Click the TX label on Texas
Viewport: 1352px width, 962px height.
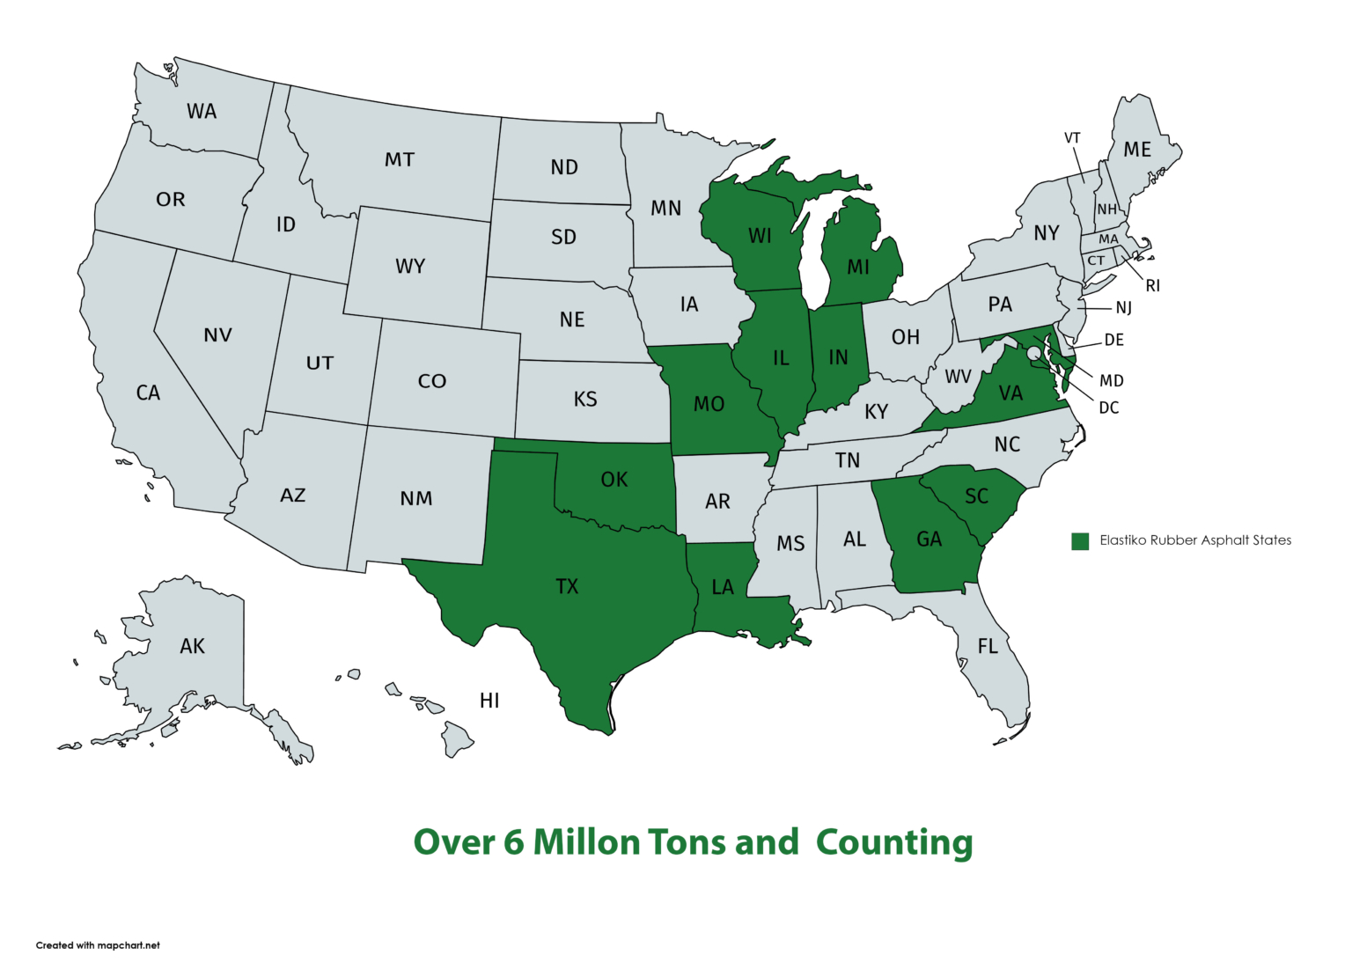pyautogui.click(x=567, y=586)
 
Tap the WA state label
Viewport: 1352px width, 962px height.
pyautogui.click(x=202, y=112)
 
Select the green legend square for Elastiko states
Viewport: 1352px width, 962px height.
pyautogui.click(x=1080, y=540)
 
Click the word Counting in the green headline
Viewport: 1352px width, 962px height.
pyautogui.click(x=893, y=842)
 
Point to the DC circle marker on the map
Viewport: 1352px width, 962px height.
pyautogui.click(x=1033, y=352)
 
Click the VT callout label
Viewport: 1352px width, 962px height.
pyautogui.click(x=1072, y=138)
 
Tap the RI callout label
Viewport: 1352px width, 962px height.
pyautogui.click(x=1153, y=286)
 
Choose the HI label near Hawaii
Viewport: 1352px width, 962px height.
pyautogui.click(x=489, y=701)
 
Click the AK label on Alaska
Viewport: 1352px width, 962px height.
pyautogui.click(x=192, y=647)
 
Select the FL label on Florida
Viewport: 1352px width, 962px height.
pyautogui.click(x=988, y=647)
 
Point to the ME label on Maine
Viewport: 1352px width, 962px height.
pyautogui.click(x=1137, y=150)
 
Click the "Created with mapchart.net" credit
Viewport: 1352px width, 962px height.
pyautogui.click(x=98, y=945)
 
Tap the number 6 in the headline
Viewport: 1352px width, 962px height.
pyautogui.click(x=513, y=842)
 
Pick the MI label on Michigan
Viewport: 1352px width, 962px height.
pyautogui.click(x=858, y=267)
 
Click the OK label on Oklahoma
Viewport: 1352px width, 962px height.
pyautogui.click(x=614, y=480)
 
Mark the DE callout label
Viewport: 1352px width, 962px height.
pyautogui.click(x=1114, y=340)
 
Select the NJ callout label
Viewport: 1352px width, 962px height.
pyautogui.click(x=1124, y=308)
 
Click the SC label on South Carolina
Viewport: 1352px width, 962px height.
pyautogui.click(x=976, y=496)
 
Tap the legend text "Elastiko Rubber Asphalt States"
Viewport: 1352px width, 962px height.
pyautogui.click(x=1195, y=540)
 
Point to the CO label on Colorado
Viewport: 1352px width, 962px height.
pyautogui.click(x=432, y=381)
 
